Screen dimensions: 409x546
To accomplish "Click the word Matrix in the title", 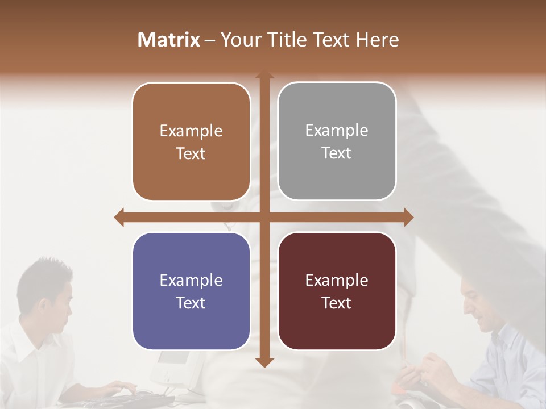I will [169, 40].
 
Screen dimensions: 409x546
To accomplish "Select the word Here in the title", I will [378, 40].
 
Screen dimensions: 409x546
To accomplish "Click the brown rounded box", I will [191, 141].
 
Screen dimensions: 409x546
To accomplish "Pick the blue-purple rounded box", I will [191, 291].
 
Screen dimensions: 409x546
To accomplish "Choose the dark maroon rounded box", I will [337, 291].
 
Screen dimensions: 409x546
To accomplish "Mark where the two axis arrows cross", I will [264, 217].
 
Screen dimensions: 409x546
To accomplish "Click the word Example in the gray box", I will [337, 130].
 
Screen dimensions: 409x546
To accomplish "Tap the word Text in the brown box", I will [191, 153].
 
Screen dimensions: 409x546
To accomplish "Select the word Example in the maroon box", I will [337, 280].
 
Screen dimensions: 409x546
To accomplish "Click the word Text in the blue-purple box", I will [191, 303].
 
